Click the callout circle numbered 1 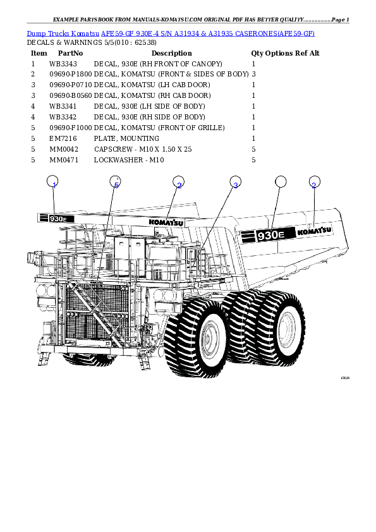click(x=54, y=183)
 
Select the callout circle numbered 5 click(x=115, y=183)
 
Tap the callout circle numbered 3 click(x=235, y=183)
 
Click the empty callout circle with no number click(x=281, y=182)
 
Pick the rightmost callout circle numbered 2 click(x=314, y=183)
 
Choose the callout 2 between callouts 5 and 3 click(x=179, y=183)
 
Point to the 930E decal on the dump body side click(x=265, y=235)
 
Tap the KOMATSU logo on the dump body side click(x=314, y=231)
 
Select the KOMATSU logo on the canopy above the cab click(x=166, y=222)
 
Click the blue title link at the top click(x=171, y=33)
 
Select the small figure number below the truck click(x=344, y=378)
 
